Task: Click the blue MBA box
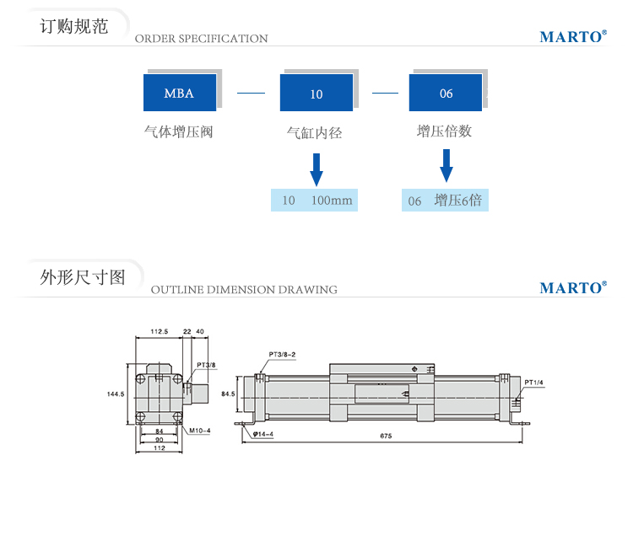pyautogui.click(x=179, y=93)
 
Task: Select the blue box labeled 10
pyautogui.click(x=316, y=94)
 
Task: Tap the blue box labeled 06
pyautogui.click(x=446, y=93)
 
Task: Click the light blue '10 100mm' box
pyautogui.click(x=314, y=201)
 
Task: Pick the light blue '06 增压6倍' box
pyautogui.click(x=445, y=201)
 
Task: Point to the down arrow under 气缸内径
pyautogui.click(x=316, y=169)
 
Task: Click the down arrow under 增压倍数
pyautogui.click(x=446, y=166)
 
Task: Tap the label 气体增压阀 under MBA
pyautogui.click(x=178, y=131)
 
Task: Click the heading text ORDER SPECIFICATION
pyautogui.click(x=201, y=39)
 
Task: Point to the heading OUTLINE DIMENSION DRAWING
pyautogui.click(x=244, y=290)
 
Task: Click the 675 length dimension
pyautogui.click(x=386, y=436)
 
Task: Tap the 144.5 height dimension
pyautogui.click(x=116, y=394)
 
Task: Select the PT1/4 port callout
pyautogui.click(x=534, y=383)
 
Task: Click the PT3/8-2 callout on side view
pyautogui.click(x=283, y=354)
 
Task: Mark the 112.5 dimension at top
pyautogui.click(x=159, y=331)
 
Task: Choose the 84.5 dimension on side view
pyautogui.click(x=229, y=394)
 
